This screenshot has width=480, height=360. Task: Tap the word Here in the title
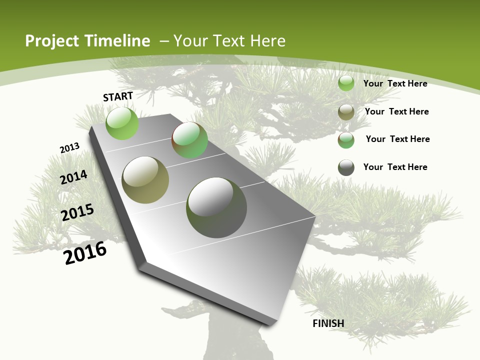(x=267, y=41)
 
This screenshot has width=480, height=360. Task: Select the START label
(x=118, y=96)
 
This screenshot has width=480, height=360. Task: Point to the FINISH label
(x=328, y=323)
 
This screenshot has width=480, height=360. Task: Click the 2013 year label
(x=69, y=148)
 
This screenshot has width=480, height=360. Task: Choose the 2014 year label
(x=73, y=177)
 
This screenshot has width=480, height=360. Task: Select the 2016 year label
(x=85, y=253)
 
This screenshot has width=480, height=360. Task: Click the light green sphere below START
(x=122, y=123)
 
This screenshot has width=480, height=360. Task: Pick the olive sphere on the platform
(x=145, y=179)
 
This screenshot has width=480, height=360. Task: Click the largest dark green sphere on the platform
(x=216, y=207)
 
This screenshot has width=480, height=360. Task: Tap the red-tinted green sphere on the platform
(x=189, y=140)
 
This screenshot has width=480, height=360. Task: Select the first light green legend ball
(x=346, y=83)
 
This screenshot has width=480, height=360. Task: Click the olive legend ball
(x=346, y=112)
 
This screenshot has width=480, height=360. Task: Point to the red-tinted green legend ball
(x=346, y=139)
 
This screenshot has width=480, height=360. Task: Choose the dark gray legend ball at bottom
(x=346, y=167)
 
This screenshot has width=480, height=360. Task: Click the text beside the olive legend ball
(x=396, y=111)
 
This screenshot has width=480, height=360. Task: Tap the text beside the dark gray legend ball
(x=395, y=167)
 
